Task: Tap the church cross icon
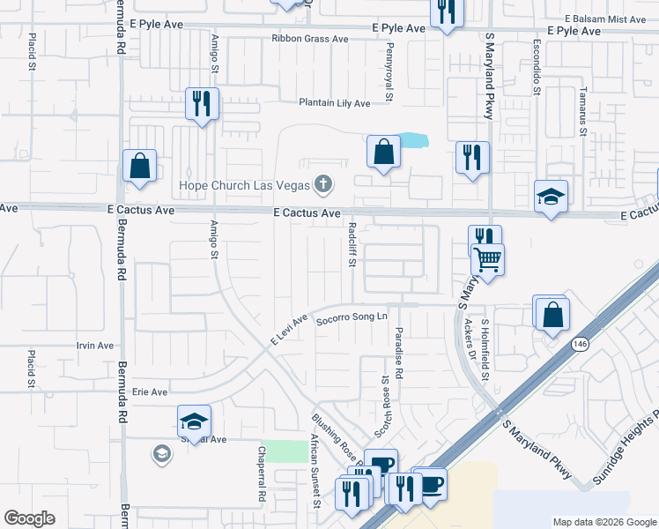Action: tap(323, 184)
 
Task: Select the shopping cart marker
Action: tap(487, 259)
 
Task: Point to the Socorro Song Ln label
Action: tap(352, 317)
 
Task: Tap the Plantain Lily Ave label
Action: tap(335, 103)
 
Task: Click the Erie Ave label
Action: tap(149, 391)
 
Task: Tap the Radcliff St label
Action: tap(352, 243)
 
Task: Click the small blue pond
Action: tap(414, 139)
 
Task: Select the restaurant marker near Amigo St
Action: tap(202, 104)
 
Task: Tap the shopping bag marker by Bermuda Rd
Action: tap(140, 165)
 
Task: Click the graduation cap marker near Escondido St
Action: tap(551, 196)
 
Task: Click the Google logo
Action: tap(30, 518)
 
